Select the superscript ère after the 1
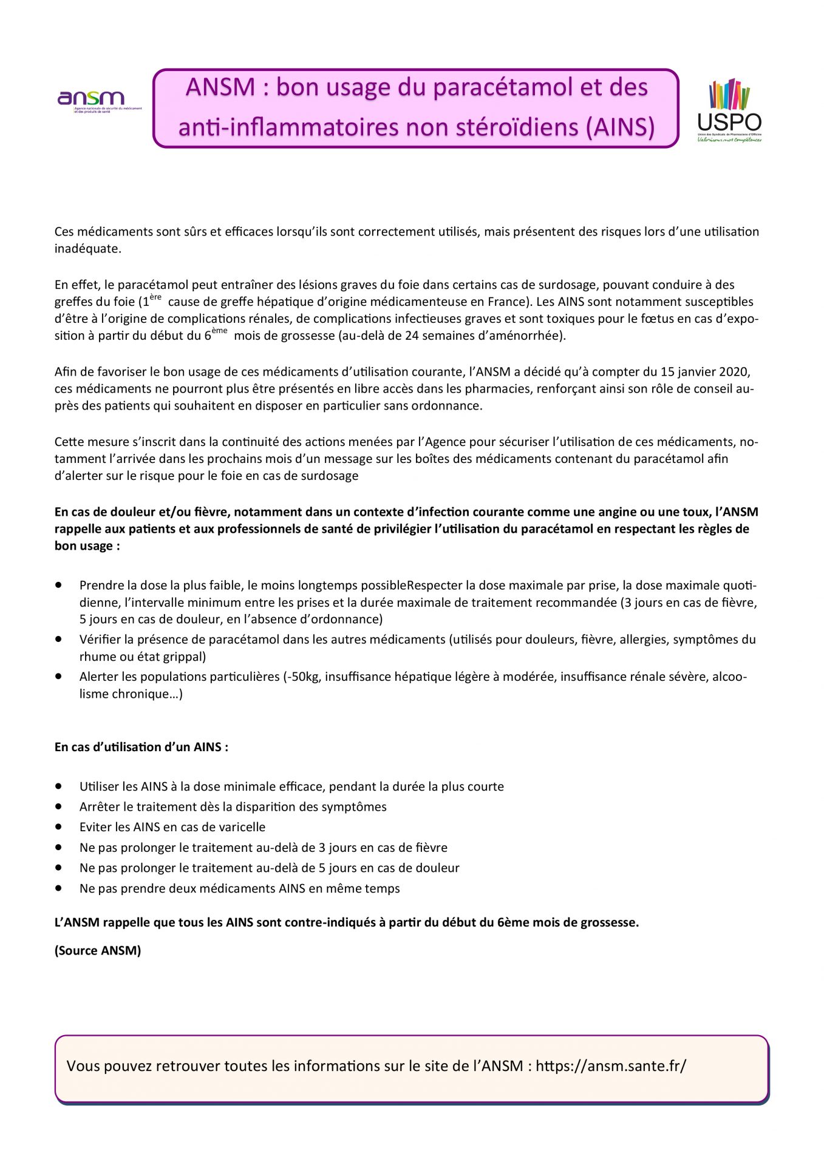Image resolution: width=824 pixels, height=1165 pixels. click(x=155, y=297)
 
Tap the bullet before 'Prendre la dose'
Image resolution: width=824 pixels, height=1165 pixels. click(x=59, y=585)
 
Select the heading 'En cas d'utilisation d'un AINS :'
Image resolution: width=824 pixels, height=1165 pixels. click(x=141, y=747)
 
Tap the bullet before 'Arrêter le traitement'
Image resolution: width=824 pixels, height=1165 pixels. click(x=59, y=806)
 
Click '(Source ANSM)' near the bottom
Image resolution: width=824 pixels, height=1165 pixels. click(x=98, y=950)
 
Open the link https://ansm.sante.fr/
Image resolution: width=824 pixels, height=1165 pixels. click(x=610, y=1066)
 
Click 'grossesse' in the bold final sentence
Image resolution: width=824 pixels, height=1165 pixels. click(x=609, y=922)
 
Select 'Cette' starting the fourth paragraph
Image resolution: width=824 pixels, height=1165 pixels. click(x=69, y=442)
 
